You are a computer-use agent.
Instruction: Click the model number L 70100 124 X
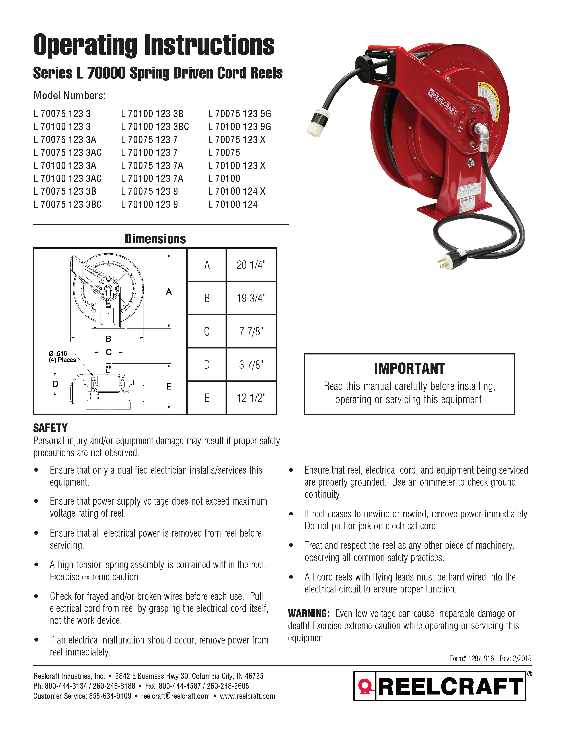coord(237,191)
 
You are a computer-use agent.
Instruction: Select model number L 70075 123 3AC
coord(68,153)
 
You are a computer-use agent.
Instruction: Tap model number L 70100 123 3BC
coord(155,127)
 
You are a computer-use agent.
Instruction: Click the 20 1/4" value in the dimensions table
coord(251,265)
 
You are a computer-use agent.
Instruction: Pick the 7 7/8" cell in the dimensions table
coord(251,331)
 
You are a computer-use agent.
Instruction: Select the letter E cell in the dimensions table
coord(207,398)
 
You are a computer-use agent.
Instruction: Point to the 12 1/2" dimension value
coord(251,398)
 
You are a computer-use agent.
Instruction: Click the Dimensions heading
coord(155,239)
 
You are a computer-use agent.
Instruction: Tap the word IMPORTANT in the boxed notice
coord(409,369)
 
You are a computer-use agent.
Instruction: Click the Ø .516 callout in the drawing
coord(58,354)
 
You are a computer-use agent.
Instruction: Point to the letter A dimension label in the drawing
coord(169,292)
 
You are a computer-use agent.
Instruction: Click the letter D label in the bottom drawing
coord(56,384)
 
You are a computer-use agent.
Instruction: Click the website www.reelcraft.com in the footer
coord(247,696)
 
